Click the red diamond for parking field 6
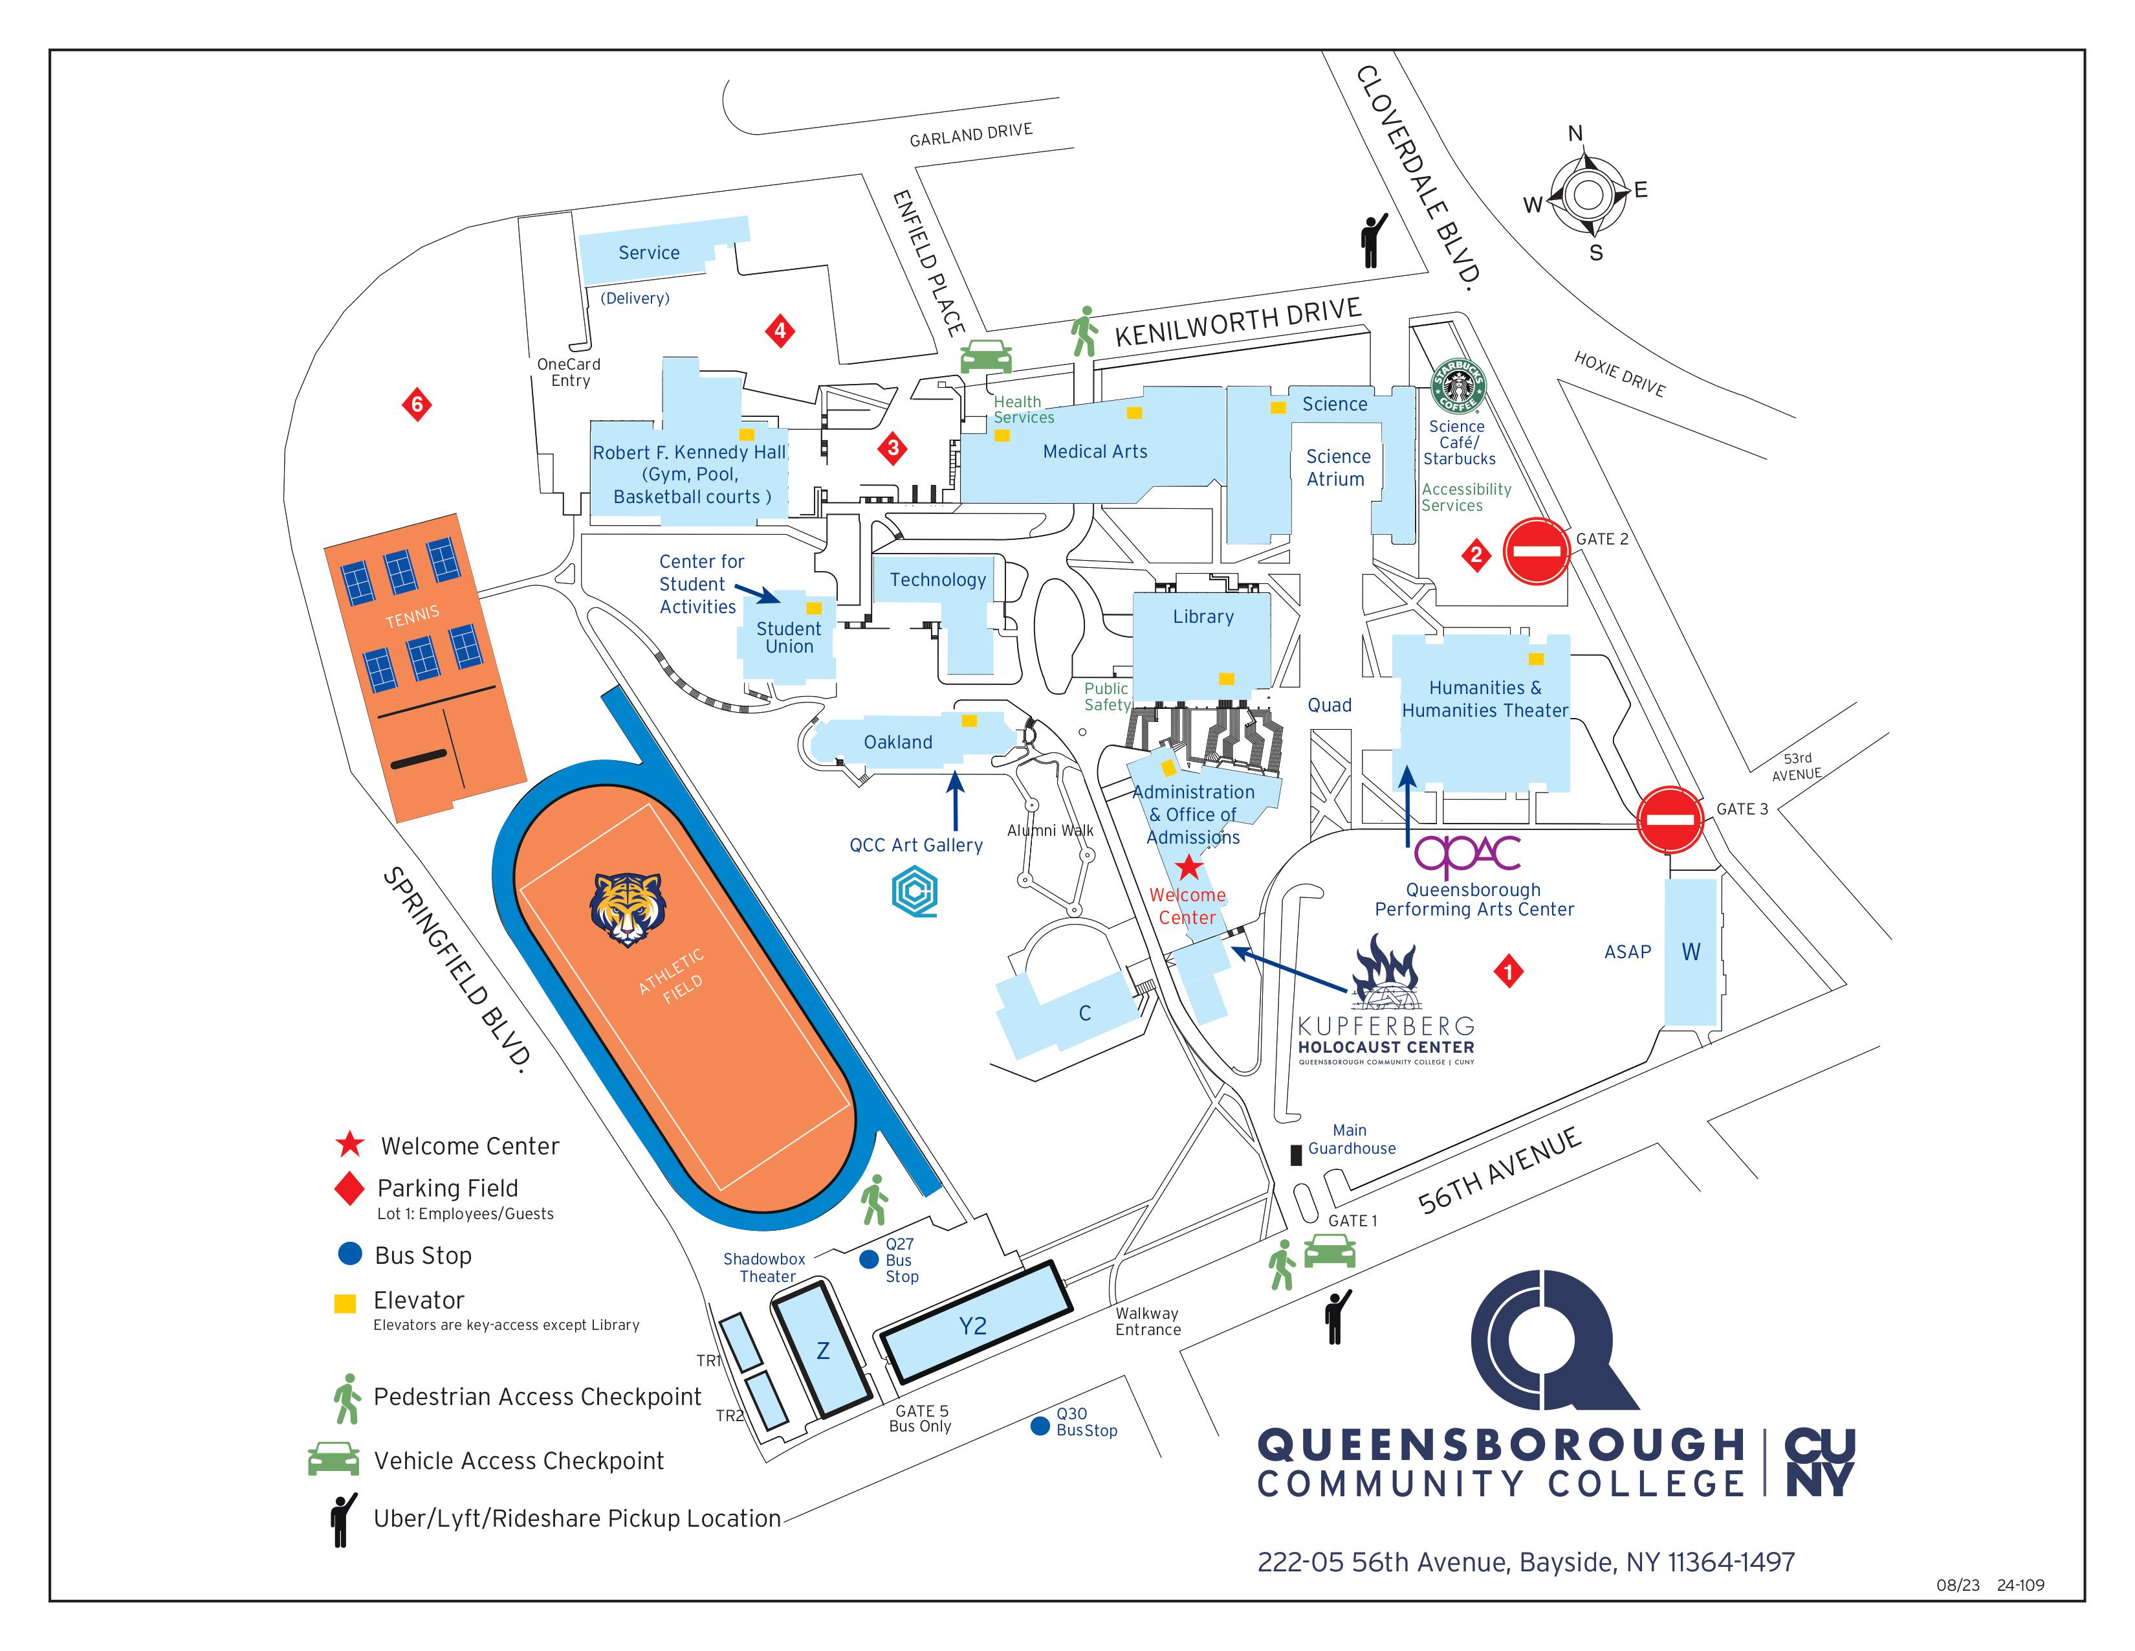click(x=417, y=404)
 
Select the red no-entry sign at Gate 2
click(x=1536, y=552)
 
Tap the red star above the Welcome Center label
click(x=1188, y=866)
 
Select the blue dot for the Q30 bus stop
click(x=1040, y=1426)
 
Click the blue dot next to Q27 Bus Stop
click(x=868, y=1260)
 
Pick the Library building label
click(x=1203, y=617)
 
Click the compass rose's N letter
click(x=1575, y=134)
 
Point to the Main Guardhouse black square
click(x=1297, y=1155)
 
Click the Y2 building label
click(x=972, y=1326)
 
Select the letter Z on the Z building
click(x=823, y=1351)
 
